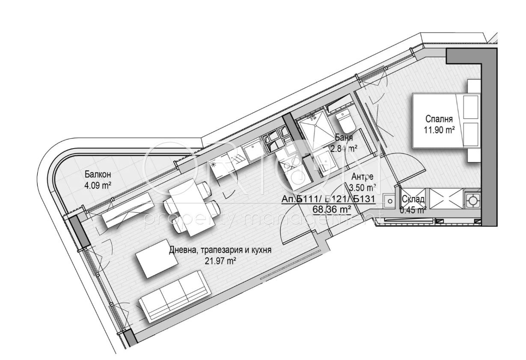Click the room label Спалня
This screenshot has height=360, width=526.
click(439, 119)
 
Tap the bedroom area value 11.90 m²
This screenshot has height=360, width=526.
click(439, 130)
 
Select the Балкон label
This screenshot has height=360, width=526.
click(98, 175)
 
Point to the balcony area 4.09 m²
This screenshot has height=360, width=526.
click(98, 186)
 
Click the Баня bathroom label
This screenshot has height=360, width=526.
click(344, 137)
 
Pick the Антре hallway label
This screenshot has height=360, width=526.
click(363, 176)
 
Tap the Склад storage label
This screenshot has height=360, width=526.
click(413, 199)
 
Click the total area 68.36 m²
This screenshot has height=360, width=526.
click(332, 209)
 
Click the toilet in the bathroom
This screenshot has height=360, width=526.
click(344, 122)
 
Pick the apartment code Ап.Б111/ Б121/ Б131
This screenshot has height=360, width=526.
click(328, 199)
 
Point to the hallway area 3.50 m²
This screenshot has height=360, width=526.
click(363, 187)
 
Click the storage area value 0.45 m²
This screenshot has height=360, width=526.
click(413, 210)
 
